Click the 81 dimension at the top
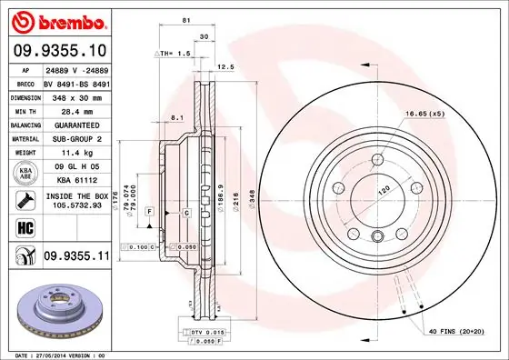coord(185,19)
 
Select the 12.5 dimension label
coord(227,66)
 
